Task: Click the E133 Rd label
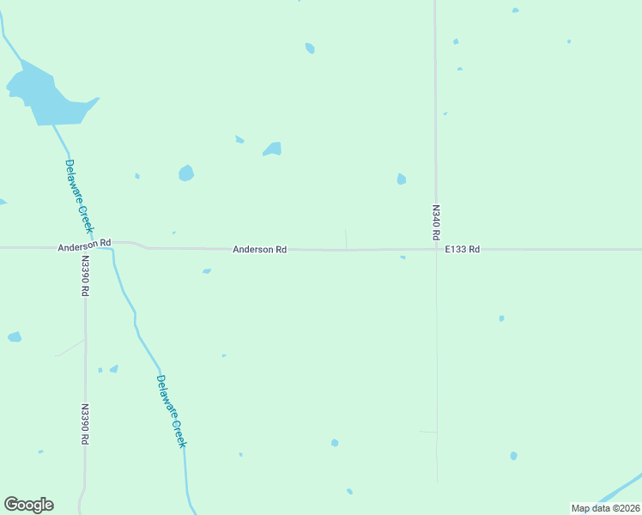click(x=462, y=249)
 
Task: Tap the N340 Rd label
click(x=435, y=221)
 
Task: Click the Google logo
click(x=28, y=504)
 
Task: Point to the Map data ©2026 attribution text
click(x=605, y=508)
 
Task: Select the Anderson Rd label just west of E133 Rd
click(x=259, y=249)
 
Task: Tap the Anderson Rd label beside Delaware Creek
click(x=85, y=245)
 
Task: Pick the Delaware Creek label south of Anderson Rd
click(x=171, y=410)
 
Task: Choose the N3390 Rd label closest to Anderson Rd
click(x=85, y=276)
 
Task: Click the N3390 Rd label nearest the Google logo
click(x=85, y=424)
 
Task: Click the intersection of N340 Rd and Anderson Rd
click(x=435, y=250)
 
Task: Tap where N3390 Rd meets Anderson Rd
click(x=85, y=248)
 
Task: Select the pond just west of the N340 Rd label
click(x=401, y=179)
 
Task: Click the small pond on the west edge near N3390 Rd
click(x=15, y=337)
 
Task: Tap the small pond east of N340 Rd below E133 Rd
click(x=501, y=318)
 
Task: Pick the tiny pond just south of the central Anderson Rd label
click(x=206, y=271)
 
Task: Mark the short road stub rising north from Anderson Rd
click(x=346, y=239)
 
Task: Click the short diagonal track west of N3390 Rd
click(x=70, y=348)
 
